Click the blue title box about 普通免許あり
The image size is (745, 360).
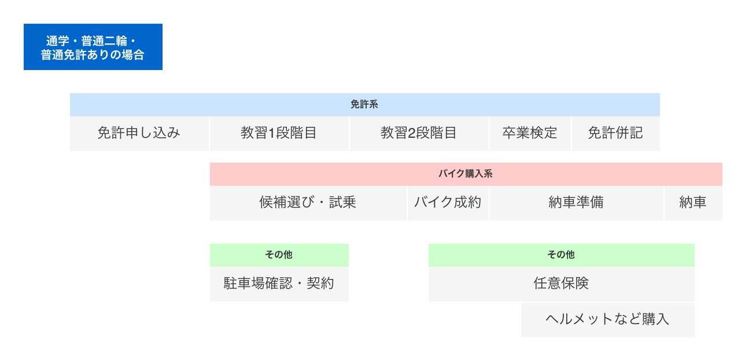click(x=93, y=47)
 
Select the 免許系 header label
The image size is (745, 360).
click(x=364, y=105)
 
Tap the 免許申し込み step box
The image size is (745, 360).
click(x=139, y=134)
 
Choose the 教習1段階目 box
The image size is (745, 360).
click(x=279, y=134)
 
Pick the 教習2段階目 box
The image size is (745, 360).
click(x=419, y=134)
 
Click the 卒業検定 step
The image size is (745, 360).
click(x=530, y=134)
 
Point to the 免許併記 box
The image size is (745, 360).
click(x=616, y=134)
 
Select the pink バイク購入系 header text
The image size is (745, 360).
click(x=466, y=174)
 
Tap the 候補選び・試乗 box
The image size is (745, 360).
click(x=308, y=203)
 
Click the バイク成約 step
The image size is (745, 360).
click(x=448, y=203)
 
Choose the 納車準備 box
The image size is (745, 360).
click(x=576, y=203)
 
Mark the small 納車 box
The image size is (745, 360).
click(x=694, y=203)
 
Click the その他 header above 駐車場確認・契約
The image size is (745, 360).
click(x=279, y=255)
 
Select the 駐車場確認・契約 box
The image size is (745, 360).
click(x=279, y=284)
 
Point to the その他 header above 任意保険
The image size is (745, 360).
click(x=562, y=255)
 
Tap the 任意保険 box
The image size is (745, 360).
click(x=562, y=284)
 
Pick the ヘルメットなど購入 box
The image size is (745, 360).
click(x=608, y=319)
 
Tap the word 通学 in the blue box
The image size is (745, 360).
click(x=57, y=41)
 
